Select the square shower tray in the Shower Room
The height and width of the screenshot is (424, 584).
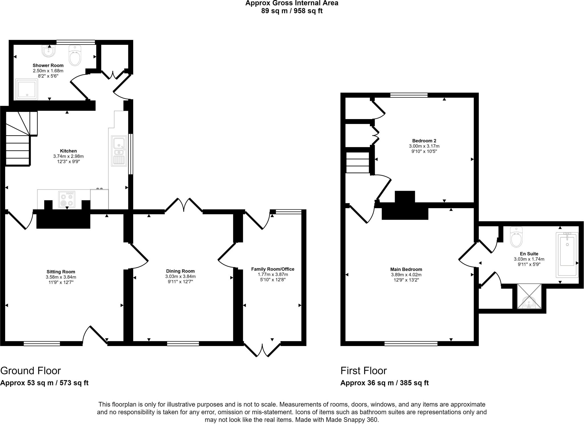coord(27,89)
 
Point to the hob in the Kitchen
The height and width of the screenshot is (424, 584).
coord(67,199)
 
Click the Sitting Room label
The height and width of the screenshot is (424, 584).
coord(61,272)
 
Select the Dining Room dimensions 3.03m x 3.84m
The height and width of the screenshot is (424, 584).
coord(180,276)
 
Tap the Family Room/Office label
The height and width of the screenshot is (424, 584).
coord(272,269)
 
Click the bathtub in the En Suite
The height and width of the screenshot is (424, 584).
coord(567,254)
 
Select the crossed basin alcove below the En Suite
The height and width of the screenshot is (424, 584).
coord(529,296)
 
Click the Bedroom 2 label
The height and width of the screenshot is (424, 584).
coord(424,141)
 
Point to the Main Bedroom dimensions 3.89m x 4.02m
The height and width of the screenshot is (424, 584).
coord(406,275)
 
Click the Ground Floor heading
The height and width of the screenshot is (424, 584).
coord(31,371)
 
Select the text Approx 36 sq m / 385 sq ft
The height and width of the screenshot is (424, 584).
coord(384,383)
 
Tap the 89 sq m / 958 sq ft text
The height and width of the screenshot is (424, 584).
coord(292,11)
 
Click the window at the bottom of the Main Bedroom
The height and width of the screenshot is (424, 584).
coord(411,343)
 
